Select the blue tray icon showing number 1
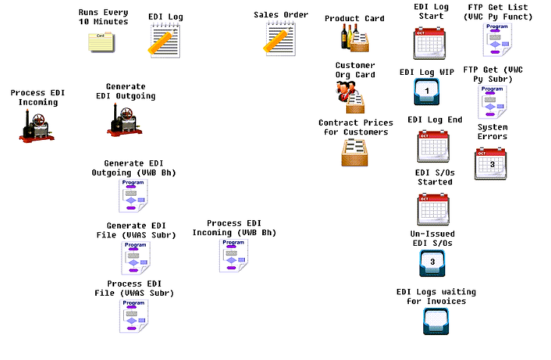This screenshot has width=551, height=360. point(428,92)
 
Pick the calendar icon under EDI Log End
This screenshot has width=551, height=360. point(434,146)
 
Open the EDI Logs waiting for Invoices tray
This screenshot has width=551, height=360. point(437,321)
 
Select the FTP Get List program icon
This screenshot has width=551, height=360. point(496,40)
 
